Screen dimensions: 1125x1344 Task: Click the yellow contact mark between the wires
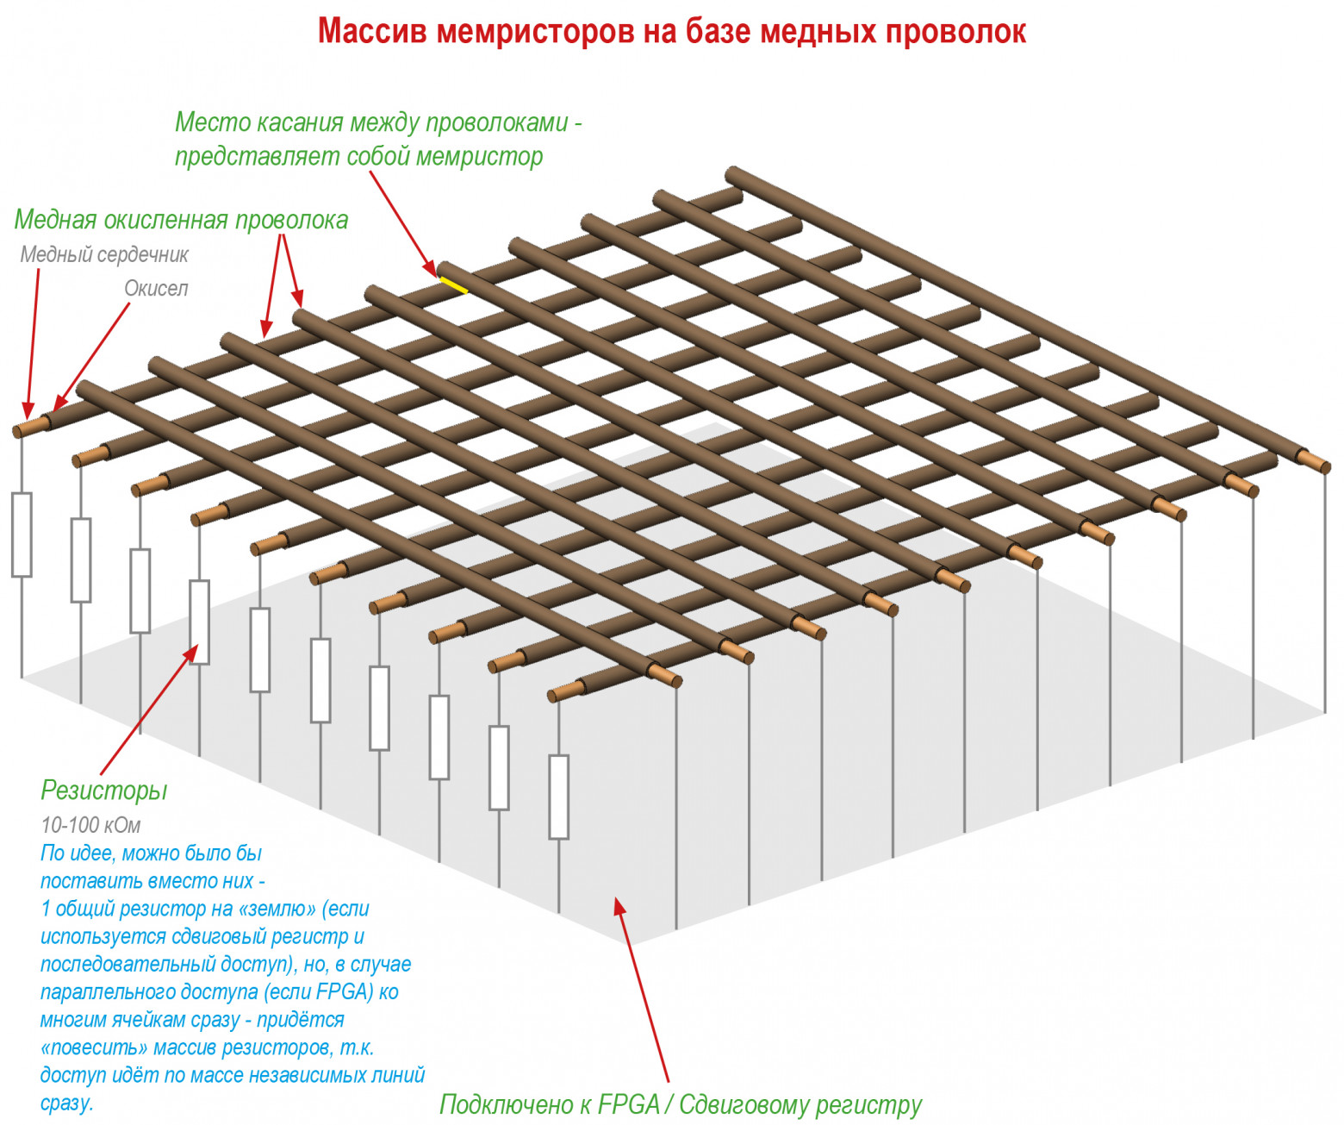pyautogui.click(x=454, y=284)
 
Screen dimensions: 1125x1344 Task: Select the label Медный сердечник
pyautogui.click(x=104, y=255)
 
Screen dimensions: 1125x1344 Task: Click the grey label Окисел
pyautogui.click(x=156, y=289)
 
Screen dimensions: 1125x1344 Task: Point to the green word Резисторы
pyautogui.click(x=104, y=791)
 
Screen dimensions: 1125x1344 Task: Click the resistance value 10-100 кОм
pyautogui.click(x=90, y=825)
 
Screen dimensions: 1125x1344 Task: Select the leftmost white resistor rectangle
pyautogui.click(x=22, y=534)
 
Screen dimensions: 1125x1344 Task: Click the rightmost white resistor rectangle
pyautogui.click(x=559, y=797)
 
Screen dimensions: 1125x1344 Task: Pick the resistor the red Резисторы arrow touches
pyautogui.click(x=199, y=622)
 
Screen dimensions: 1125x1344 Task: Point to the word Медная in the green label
pyautogui.click(x=55, y=221)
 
